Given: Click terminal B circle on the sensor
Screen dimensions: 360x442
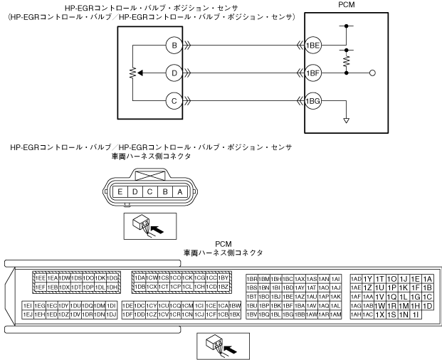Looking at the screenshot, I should coord(174,46).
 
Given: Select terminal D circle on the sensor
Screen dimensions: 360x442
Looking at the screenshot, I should coord(174,73).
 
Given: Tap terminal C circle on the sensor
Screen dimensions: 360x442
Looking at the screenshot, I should coord(174,100).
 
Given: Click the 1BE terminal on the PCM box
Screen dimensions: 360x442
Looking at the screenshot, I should coord(313,46).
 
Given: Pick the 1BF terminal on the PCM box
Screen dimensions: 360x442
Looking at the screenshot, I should coord(313,73).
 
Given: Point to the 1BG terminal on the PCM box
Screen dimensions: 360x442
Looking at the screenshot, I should coord(313,100).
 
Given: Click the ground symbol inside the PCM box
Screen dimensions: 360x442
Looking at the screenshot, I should coord(347,120).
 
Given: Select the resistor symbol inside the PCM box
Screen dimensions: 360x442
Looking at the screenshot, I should coord(347,62).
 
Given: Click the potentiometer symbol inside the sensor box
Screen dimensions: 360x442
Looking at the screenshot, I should coord(133,73).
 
